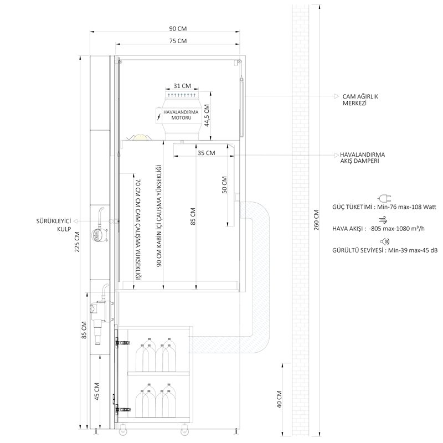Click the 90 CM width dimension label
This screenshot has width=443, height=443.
tap(178, 29)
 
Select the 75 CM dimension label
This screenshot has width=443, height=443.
tap(178, 41)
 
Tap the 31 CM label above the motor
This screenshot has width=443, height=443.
tap(182, 86)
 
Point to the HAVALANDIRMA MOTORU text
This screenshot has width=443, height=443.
tap(181, 115)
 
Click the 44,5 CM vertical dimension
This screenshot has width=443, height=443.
tap(207, 115)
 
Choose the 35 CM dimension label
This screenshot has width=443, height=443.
tap(206, 153)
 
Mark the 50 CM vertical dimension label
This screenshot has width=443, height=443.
tap(224, 185)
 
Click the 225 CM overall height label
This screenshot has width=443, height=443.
tap(77, 242)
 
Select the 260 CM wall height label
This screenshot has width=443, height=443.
tap(316, 220)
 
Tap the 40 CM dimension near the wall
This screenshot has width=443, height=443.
tap(279, 399)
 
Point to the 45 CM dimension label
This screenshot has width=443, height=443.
tap(97, 392)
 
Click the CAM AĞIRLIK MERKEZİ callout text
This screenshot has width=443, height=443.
tap(360, 100)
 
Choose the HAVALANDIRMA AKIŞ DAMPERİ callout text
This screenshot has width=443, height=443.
tap(362, 158)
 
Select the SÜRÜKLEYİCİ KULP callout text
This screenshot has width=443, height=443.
tap(54, 225)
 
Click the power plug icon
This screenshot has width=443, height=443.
tap(384, 198)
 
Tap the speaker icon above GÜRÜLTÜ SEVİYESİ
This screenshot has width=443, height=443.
tap(385, 241)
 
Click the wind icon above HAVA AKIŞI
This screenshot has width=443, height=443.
tap(383, 220)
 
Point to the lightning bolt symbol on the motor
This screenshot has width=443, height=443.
tap(159, 117)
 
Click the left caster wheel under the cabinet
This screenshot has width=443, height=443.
tap(123, 430)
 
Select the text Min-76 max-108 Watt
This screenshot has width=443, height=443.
tap(407, 207)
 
